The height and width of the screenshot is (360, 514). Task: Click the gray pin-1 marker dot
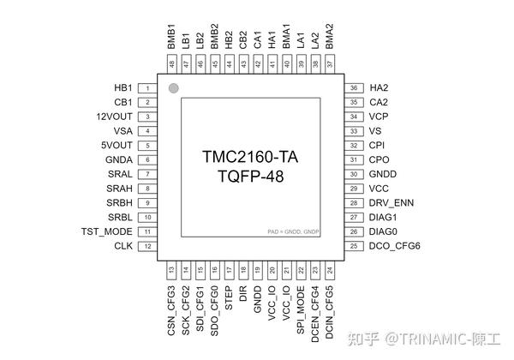click(173, 88)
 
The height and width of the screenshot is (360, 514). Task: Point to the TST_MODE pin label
click(106, 231)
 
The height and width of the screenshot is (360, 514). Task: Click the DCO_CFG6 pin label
click(395, 246)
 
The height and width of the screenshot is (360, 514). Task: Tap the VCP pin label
click(380, 117)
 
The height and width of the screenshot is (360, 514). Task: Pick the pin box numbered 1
click(148, 88)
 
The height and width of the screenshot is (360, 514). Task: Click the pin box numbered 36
click(352, 88)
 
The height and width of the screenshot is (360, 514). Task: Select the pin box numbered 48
click(172, 64)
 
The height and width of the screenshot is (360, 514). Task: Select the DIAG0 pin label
click(384, 231)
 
